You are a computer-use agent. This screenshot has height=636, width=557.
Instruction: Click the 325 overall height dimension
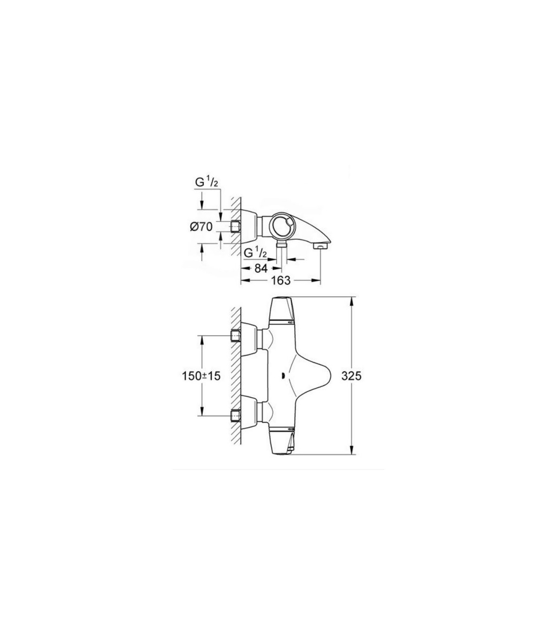[352, 376]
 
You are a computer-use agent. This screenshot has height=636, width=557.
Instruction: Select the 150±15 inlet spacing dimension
[201, 376]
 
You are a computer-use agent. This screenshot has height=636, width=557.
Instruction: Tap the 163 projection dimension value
[281, 281]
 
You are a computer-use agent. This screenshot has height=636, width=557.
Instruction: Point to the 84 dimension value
[261, 268]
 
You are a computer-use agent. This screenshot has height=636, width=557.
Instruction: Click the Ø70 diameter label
[201, 227]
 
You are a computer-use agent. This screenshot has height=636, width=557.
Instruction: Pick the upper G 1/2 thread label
[207, 184]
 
